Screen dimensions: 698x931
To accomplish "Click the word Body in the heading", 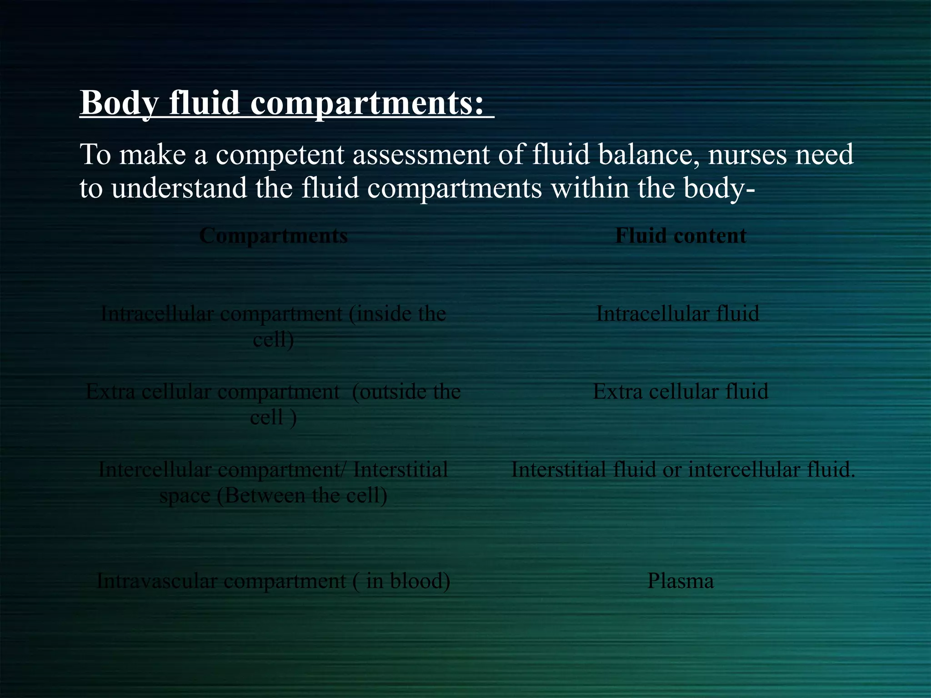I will tap(119, 103).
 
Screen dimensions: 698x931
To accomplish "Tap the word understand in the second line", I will tap(179, 188).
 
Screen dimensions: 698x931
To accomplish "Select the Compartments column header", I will tap(273, 236).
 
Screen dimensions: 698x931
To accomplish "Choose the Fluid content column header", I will tap(681, 236).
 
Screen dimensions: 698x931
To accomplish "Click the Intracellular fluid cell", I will tap(677, 314).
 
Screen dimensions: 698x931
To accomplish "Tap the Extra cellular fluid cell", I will tap(681, 392).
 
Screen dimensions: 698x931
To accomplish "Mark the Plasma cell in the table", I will tap(681, 581).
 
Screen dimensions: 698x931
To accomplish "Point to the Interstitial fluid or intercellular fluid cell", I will tap(683, 470).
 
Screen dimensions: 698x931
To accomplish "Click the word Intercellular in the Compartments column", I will tap(155, 470).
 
